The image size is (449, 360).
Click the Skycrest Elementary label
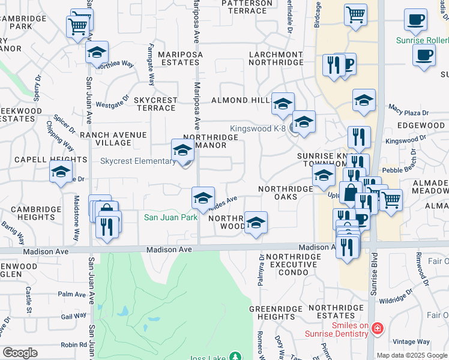click(137, 161)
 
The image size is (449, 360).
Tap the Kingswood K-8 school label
click(258, 128)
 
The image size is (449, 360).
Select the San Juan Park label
click(170, 217)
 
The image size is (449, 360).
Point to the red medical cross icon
click(377, 328)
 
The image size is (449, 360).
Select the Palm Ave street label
click(73, 295)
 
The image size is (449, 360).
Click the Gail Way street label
click(73, 316)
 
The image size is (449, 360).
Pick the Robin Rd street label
click(73, 345)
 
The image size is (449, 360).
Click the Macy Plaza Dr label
click(408, 110)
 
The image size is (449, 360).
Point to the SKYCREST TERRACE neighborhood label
click(155, 104)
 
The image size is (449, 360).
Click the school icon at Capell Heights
click(61, 172)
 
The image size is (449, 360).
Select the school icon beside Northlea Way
click(97, 53)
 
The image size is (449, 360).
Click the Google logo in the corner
click(20, 353)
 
